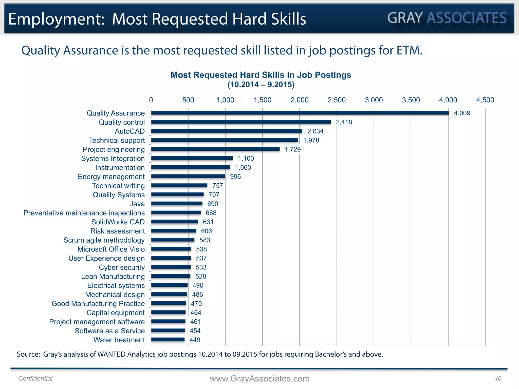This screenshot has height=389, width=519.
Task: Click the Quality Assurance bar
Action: [x=300, y=113]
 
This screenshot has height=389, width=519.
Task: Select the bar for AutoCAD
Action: [x=227, y=131]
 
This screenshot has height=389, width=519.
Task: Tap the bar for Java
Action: [x=177, y=204]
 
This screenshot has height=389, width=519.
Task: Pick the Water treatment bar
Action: [x=168, y=340]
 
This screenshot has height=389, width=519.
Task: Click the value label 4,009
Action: [x=462, y=113]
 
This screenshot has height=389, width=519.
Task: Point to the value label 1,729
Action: [x=293, y=149]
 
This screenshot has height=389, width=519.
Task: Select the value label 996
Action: [x=235, y=177]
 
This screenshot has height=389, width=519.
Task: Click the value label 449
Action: [x=195, y=340]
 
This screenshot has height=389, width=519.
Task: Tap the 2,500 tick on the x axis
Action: [x=337, y=100]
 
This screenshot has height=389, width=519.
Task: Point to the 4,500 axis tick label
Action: [x=485, y=100]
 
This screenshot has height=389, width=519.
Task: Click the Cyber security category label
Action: [x=122, y=267]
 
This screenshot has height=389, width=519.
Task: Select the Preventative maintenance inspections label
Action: [x=84, y=213]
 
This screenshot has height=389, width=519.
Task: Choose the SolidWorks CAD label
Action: [x=118, y=222]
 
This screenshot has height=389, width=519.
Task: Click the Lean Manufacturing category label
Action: [x=113, y=277]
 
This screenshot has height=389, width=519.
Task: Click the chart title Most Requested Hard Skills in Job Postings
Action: [x=261, y=75]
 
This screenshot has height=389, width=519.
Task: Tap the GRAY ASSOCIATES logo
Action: [x=447, y=18]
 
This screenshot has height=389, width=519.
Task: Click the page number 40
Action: [x=498, y=378]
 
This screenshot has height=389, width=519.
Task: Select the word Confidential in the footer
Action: [x=35, y=378]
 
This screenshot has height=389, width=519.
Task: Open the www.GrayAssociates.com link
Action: [x=259, y=379]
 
